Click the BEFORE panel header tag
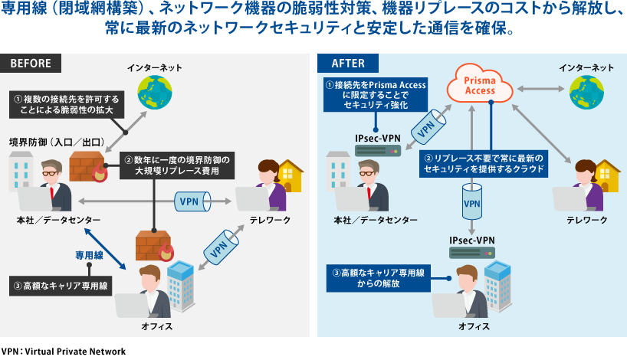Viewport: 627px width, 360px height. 31,63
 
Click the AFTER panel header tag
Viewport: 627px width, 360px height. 348,63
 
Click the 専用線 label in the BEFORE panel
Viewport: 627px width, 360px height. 89,254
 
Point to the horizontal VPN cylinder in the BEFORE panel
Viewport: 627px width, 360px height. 189,202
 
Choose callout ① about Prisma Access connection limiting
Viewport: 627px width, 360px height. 373,96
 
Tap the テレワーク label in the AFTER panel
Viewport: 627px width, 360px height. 587,221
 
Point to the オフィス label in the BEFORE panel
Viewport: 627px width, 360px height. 156,326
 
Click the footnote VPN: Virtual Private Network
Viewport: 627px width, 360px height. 63,351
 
